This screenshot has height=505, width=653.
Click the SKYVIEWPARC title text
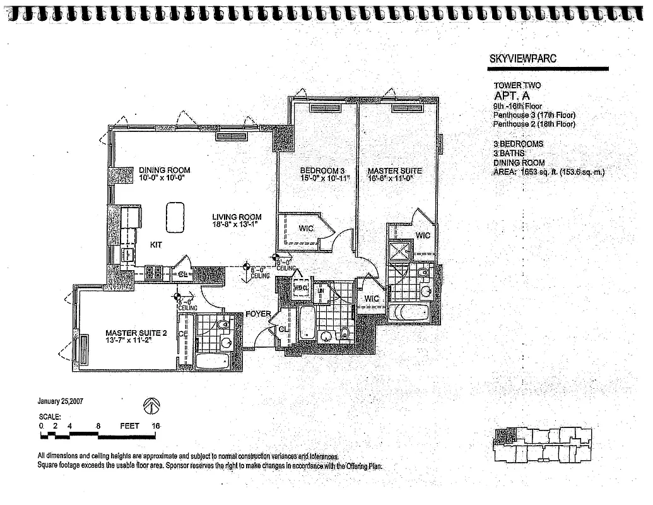522,59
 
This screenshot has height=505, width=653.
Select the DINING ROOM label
164,170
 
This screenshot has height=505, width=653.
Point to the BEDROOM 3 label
322,171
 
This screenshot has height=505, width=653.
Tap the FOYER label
258,314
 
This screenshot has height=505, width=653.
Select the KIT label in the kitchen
156,244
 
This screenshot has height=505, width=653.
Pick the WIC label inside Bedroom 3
306,228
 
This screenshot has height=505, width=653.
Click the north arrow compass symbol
152,405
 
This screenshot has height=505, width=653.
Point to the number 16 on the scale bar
155,426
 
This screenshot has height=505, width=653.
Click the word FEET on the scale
129,426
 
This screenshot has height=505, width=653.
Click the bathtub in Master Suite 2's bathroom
212,361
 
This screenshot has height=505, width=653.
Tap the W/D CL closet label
301,288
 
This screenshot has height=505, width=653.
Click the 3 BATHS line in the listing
510,153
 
